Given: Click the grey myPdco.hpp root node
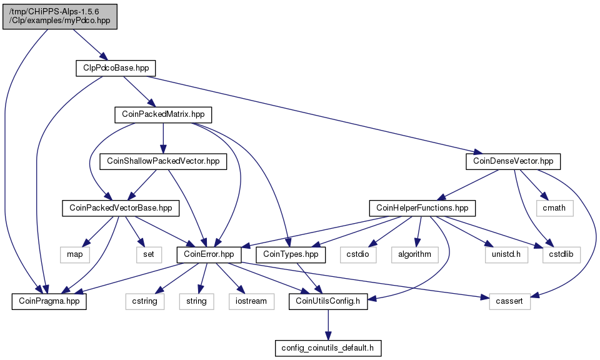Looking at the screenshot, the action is [60, 17].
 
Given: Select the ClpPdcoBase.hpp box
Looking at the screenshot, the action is [116, 68].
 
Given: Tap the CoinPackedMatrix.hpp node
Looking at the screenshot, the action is [163, 115].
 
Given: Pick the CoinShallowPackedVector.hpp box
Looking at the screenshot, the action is [163, 161].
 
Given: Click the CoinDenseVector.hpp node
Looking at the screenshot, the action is [513, 161].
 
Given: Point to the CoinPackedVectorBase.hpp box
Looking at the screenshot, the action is [121, 208].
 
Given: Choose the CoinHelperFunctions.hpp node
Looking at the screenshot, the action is [422, 208].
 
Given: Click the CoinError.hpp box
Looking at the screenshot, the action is [209, 255].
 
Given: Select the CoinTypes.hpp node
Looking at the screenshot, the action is [291, 255].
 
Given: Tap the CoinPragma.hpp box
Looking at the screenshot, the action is [49, 301].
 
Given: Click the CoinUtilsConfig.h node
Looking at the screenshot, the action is [328, 301].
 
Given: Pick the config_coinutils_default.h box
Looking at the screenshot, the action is [327, 348].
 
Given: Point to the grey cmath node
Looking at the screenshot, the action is [554, 208].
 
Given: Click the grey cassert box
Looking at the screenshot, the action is [509, 301].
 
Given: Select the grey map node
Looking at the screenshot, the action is [74, 255].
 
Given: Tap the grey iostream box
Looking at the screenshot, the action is [251, 301].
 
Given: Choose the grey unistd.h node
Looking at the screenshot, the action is [506, 255].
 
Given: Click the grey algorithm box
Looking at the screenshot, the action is [415, 255].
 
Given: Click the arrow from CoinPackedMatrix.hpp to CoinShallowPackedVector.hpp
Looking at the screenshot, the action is [163, 138].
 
